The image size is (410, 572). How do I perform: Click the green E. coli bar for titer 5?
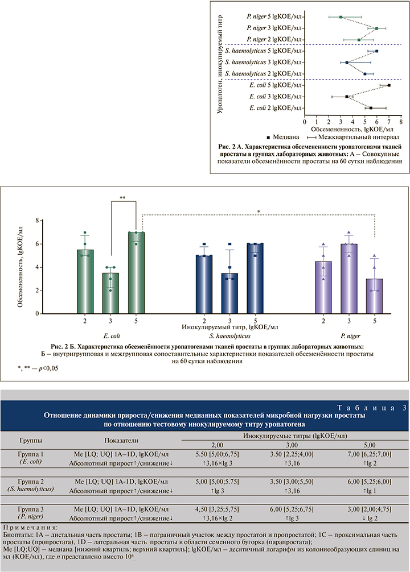(136, 273)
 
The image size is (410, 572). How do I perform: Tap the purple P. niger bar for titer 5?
(375, 296)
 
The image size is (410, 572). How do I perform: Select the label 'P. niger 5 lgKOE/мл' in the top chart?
(272, 17)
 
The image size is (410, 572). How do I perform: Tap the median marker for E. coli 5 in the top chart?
(389, 85)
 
